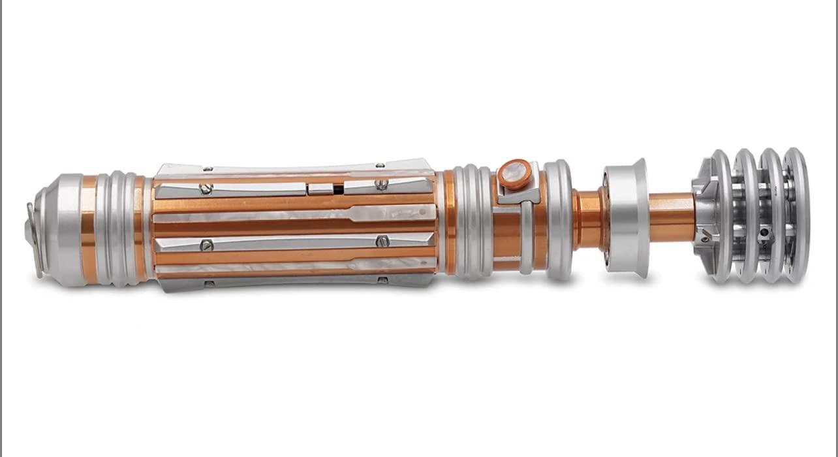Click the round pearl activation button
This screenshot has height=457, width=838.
coord(514,174)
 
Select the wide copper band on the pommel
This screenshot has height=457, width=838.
coord(89,228)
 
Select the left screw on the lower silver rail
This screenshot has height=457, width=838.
coord(207,245)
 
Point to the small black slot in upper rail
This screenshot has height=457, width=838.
coord(338,189)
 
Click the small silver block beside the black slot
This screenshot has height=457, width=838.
coord(320,189)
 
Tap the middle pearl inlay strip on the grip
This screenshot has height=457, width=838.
coord(294,214)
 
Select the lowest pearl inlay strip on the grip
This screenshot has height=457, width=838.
coord(294,266)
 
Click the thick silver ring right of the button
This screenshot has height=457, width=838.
coord(559,219)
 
